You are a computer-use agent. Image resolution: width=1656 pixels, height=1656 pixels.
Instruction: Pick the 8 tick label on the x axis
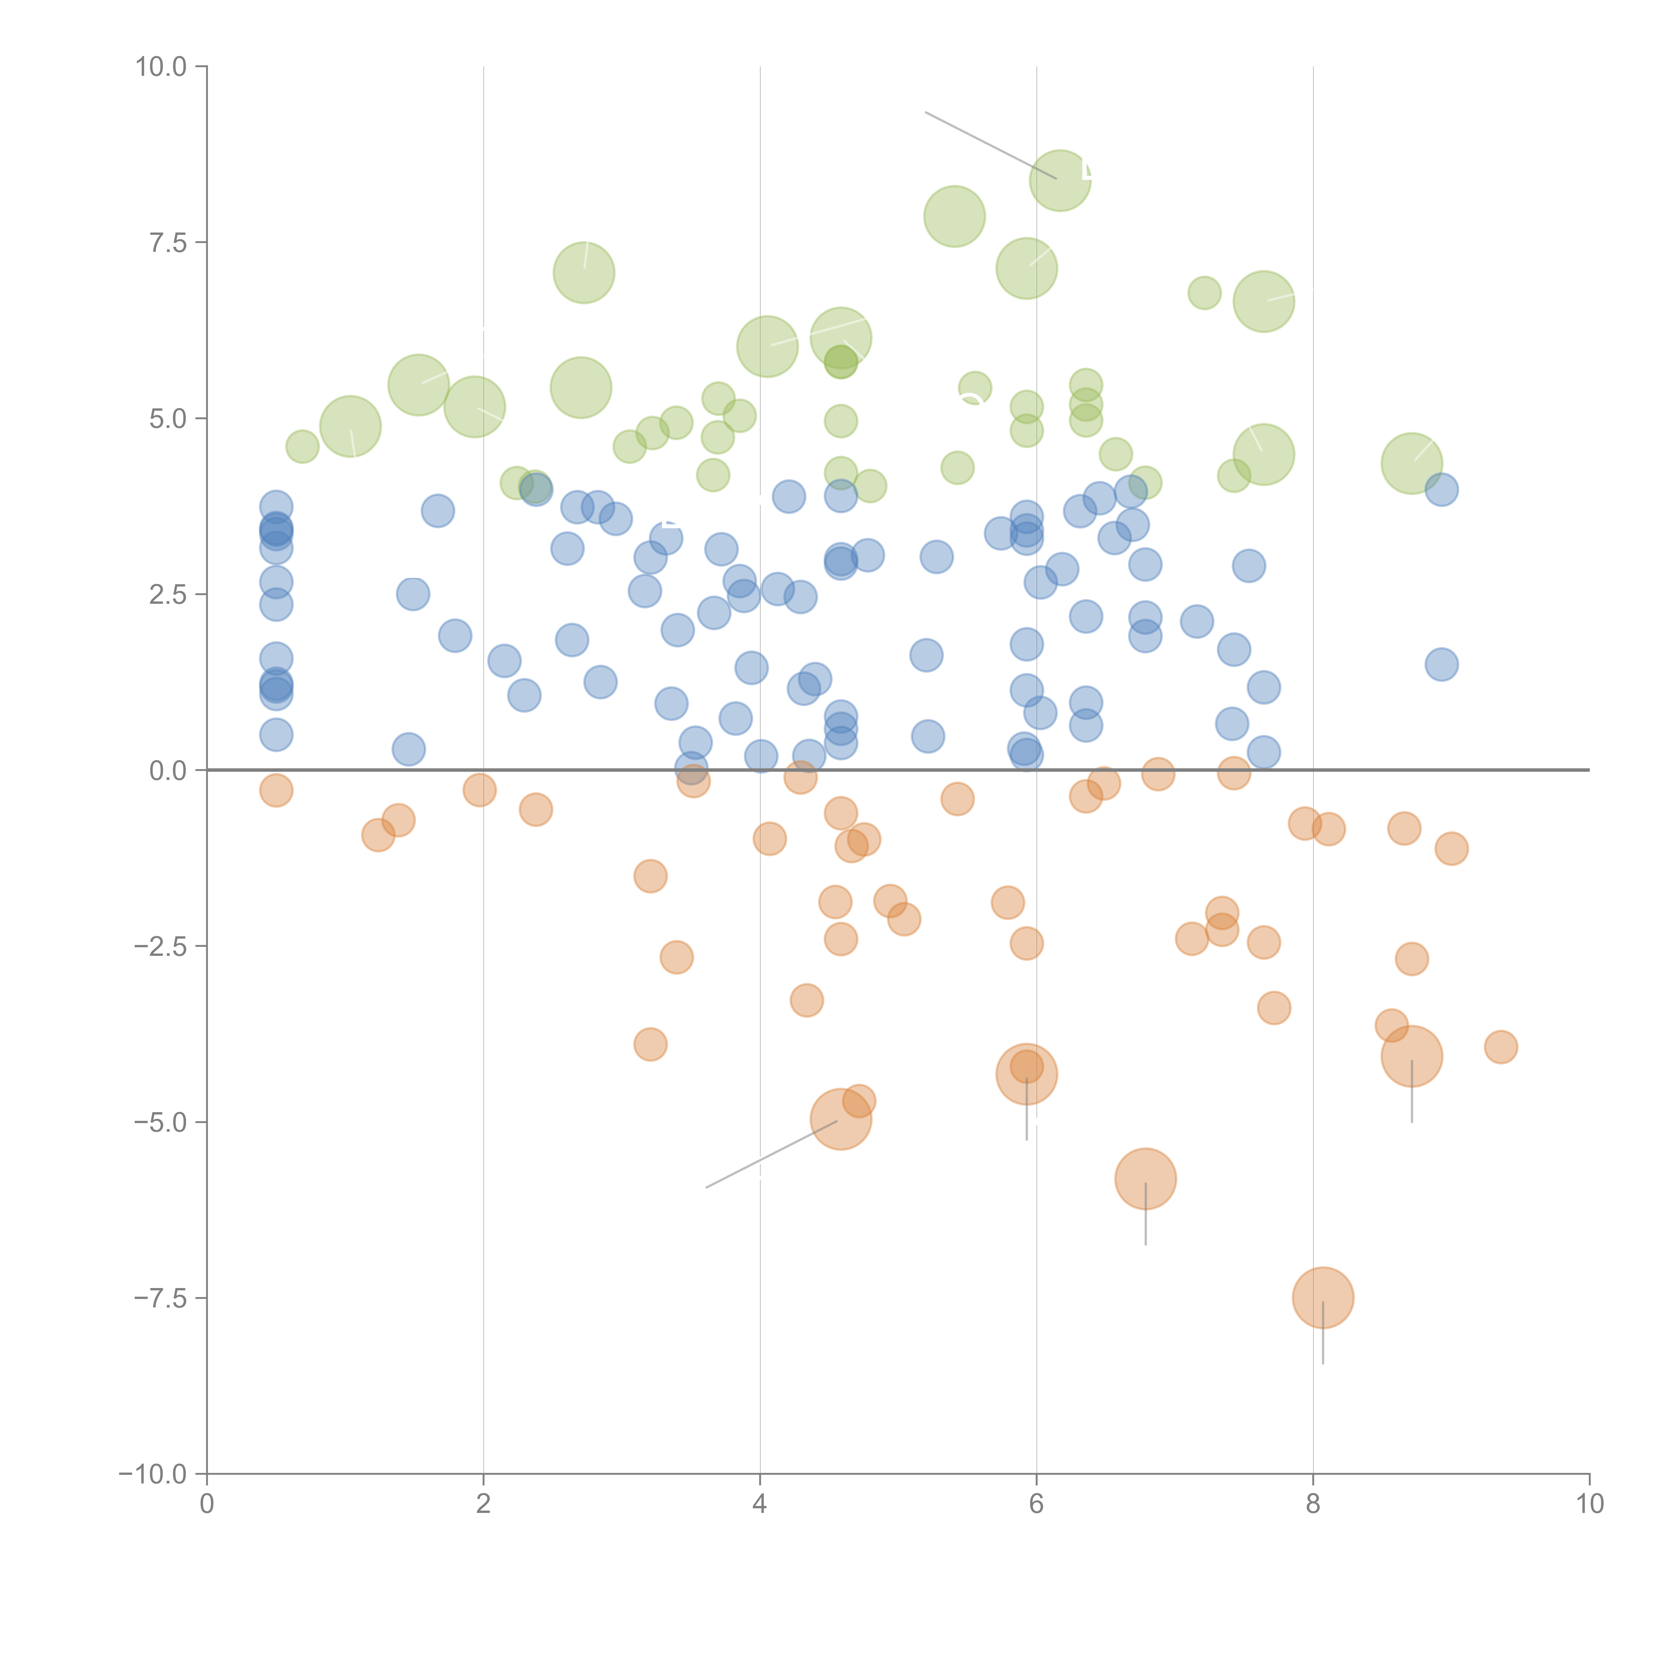point(1313,1504)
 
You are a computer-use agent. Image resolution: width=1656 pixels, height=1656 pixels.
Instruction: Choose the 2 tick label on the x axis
point(484,1504)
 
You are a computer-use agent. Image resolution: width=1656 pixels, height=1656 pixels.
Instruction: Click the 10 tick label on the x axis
point(1589,1504)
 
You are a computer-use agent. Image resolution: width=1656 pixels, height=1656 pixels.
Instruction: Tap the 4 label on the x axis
point(759,1504)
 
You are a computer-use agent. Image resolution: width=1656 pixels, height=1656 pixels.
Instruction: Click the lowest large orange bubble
point(1322,1298)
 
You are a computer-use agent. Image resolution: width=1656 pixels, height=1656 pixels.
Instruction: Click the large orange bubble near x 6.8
point(1145,1178)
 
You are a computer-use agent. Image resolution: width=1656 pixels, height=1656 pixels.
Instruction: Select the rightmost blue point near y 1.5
point(1442,664)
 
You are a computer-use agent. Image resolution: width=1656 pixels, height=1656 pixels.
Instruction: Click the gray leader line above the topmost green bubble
point(990,145)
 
